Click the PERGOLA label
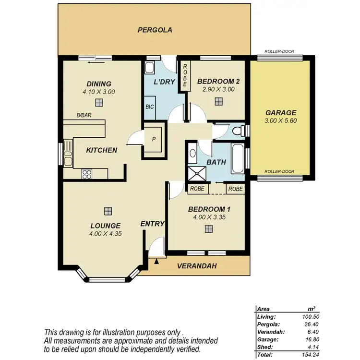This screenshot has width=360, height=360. pos(155,30)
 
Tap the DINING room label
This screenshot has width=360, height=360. pos(99,84)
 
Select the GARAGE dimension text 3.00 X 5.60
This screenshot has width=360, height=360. pos(281,120)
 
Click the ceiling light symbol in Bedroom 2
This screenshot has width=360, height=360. pos(219,101)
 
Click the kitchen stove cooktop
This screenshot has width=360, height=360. pos(87,174)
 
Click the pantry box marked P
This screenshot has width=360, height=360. pos(154,140)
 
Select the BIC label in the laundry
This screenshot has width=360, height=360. pos(149,107)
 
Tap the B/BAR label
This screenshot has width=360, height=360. pos(84,115)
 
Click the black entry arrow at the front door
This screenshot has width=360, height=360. pos(156,261)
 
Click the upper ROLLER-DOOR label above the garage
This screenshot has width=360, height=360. pos(279,51)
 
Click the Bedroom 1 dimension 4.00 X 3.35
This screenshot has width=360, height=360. pos(209,217)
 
